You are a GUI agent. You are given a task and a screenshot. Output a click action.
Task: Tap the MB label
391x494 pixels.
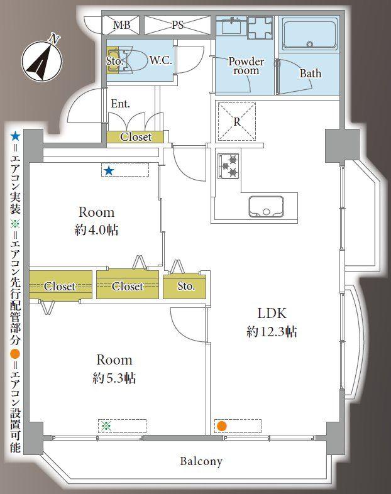[x=122, y=26]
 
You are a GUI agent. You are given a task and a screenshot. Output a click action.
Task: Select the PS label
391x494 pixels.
[x=178, y=26]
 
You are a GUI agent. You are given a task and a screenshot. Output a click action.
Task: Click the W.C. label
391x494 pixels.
[x=162, y=61]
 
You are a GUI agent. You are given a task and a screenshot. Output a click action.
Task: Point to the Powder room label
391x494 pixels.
[x=246, y=66]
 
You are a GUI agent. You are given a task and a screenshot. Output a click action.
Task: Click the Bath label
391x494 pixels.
[x=310, y=74]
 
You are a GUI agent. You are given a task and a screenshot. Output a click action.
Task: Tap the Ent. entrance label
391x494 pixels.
[x=120, y=104]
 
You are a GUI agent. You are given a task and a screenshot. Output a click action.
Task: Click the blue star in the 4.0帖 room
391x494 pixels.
[x=109, y=170]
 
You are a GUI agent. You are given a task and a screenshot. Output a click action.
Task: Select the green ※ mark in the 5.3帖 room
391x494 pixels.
[x=106, y=426]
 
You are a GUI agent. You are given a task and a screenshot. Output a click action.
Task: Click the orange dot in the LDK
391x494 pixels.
[x=221, y=426]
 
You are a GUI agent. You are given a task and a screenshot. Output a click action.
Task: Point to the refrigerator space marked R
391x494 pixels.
[x=236, y=121]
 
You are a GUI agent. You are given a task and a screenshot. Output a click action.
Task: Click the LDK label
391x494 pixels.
[x=272, y=313]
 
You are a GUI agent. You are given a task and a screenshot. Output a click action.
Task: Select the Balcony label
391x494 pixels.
[x=201, y=462]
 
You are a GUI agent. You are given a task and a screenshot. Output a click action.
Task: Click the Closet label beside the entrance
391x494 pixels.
[x=136, y=136]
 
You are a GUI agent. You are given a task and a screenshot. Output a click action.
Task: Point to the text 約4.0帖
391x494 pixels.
[x=96, y=230]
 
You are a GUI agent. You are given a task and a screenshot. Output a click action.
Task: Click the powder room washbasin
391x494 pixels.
[x=231, y=26]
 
